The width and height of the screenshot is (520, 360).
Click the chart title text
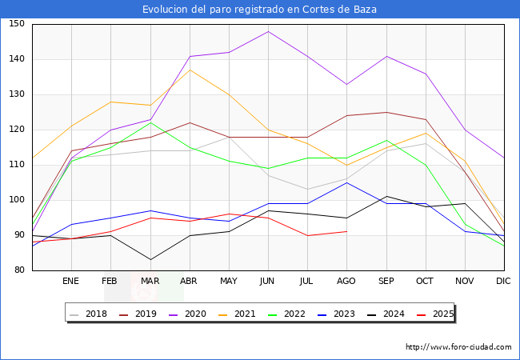point(259,10)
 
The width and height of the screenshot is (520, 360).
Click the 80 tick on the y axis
point(18,270)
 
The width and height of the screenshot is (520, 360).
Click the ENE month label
point(71,282)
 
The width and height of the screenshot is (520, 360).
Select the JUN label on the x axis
point(268,282)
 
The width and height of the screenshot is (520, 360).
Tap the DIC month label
point(503,282)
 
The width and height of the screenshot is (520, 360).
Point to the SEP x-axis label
point(386,282)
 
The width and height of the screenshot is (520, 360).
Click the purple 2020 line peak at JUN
point(268,31)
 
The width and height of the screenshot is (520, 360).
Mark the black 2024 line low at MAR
point(150,259)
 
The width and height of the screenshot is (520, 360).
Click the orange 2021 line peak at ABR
point(190,70)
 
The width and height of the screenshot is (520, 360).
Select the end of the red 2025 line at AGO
point(346,231)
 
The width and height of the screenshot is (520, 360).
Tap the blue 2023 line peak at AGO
point(346,182)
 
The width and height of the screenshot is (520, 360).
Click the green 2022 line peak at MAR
point(150,122)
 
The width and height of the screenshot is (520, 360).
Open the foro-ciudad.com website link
point(458,347)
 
